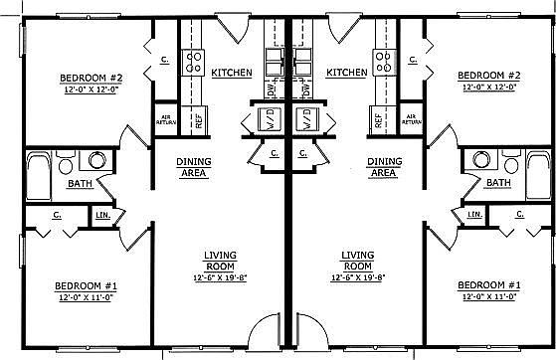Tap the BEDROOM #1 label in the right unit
[x=488, y=284]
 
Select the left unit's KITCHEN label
[x=231, y=73]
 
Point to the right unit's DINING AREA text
[x=383, y=166]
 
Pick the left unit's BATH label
[x=53, y=184]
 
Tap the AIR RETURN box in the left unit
[x=166, y=120]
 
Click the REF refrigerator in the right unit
[x=379, y=120]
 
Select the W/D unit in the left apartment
[x=256, y=121]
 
